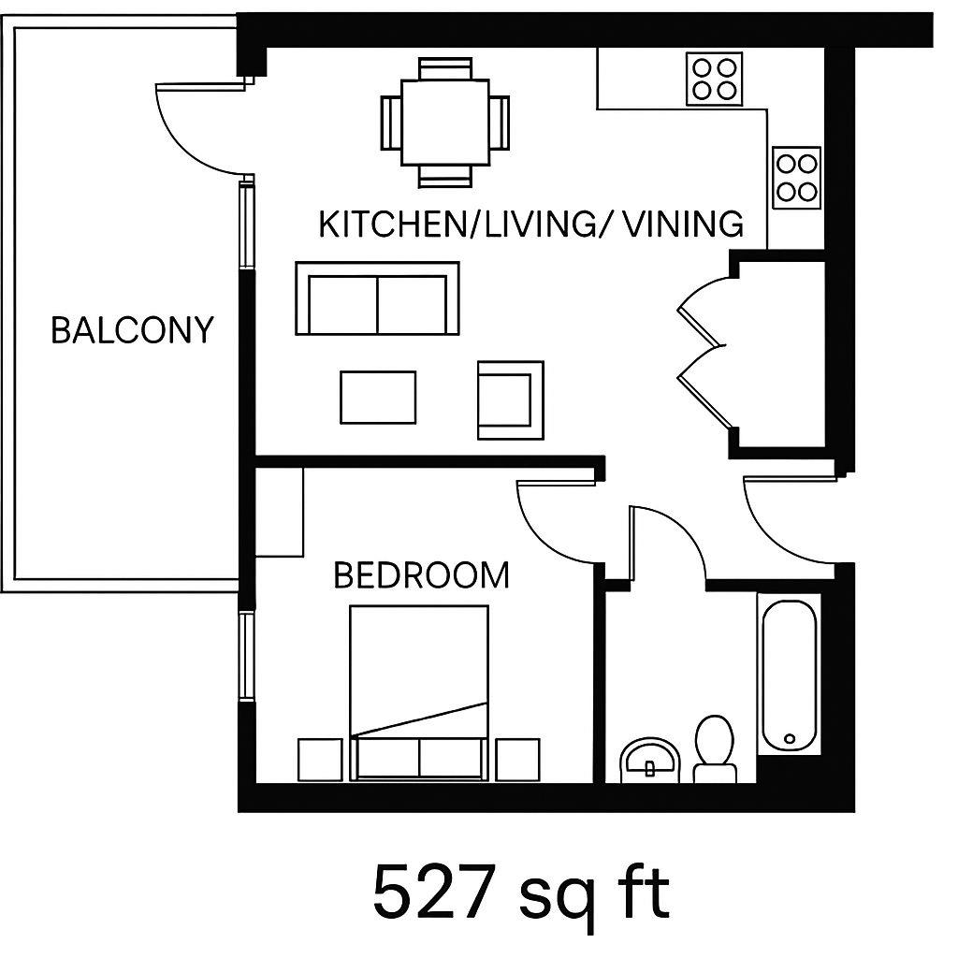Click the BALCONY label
pos(132,330)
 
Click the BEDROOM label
pos(421,574)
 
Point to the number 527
pos(432,893)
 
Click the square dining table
pos(445,122)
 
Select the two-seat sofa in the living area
pos(377,298)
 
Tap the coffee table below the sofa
pos(378,398)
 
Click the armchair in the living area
pos(510,399)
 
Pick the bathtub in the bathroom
pos(790,675)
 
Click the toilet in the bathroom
pos(715,748)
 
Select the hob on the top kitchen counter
pos(714,79)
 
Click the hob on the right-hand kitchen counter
pos(797,178)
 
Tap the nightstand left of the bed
pos(320,759)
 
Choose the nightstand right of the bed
pos(517,759)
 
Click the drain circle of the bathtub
pos(791,738)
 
